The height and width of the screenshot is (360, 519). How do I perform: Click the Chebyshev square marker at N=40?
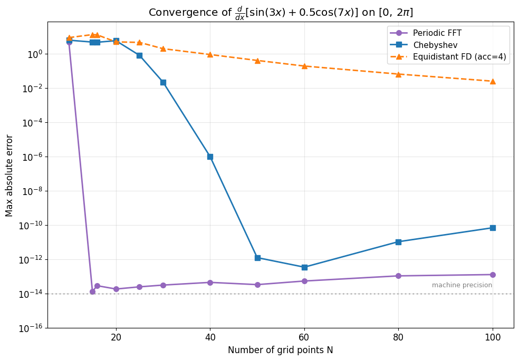pos(210,157)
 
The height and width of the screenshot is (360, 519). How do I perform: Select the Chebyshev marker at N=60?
pos(304,267)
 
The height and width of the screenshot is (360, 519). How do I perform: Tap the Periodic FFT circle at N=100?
pos(493,275)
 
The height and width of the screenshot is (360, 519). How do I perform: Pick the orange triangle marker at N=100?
pos(493,81)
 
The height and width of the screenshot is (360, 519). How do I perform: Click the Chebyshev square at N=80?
pos(398,242)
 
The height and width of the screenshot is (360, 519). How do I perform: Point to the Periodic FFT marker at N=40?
pos(210,283)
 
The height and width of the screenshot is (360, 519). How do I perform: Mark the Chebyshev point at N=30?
pos(163,82)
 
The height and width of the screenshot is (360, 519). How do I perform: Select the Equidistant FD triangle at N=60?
pos(304,66)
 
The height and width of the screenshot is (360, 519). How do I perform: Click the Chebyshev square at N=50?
pos(257,258)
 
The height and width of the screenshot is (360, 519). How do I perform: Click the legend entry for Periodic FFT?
pos(437,33)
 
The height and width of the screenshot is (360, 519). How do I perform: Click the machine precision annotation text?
pos(462,285)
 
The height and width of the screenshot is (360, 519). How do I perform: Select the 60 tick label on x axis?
pos(304,337)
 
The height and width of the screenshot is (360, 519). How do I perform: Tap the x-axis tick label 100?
pos(493,337)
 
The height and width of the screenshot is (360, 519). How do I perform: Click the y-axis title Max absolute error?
pos(9,175)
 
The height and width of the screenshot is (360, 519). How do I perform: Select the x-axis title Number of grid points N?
pos(280,350)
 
